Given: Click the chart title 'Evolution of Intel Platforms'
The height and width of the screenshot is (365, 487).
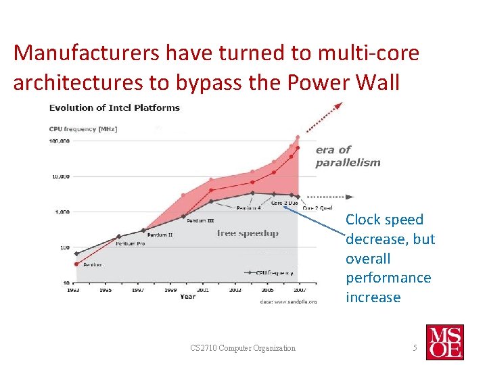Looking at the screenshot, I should click(114, 107).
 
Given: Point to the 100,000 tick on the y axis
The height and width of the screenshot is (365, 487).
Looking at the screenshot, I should click(59, 141).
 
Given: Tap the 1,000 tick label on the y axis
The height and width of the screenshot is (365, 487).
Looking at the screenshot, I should click(61, 212).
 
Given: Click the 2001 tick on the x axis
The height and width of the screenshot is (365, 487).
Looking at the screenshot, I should click(203, 290).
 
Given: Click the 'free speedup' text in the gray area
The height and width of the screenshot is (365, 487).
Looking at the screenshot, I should click(248, 233).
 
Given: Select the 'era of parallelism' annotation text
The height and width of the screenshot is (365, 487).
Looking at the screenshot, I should click(347, 156).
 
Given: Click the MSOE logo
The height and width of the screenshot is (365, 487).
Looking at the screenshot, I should click(444, 341).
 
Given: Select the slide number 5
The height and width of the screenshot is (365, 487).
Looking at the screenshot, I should click(415, 348).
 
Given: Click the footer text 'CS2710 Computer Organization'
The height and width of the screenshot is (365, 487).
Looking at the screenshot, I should click(243, 348).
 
